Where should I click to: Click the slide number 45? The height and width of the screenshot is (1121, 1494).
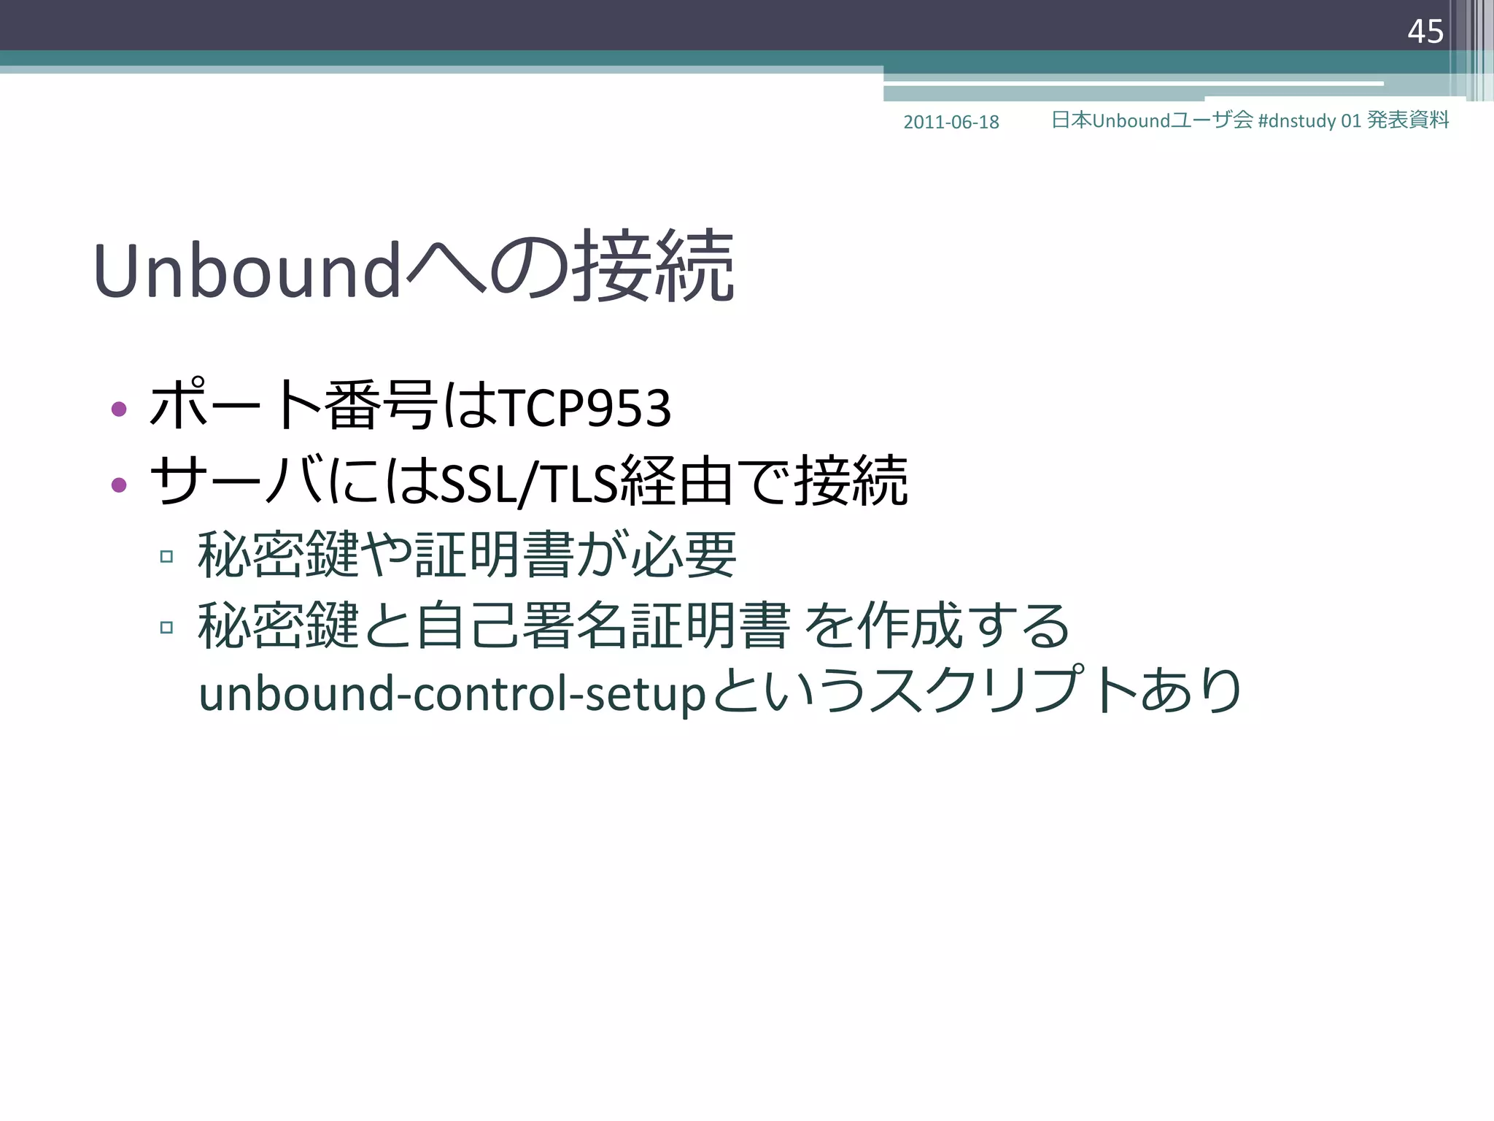point(1425,31)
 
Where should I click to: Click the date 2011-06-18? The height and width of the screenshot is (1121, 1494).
point(951,122)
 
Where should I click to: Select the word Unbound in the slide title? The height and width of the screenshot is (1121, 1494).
point(247,271)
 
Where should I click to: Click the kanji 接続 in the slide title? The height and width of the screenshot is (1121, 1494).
point(653,266)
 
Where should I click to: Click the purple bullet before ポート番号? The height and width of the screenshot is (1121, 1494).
point(119,409)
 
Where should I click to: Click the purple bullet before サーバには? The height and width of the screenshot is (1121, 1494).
point(119,484)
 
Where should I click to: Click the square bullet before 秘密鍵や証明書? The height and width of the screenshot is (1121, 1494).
point(166,557)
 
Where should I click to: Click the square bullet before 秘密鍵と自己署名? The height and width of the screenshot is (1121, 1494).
point(166,628)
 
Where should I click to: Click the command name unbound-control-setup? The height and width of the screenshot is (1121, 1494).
point(452,693)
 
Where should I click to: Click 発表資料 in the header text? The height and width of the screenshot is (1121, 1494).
point(1407,120)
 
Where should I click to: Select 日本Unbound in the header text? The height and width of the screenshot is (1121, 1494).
point(1110,120)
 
